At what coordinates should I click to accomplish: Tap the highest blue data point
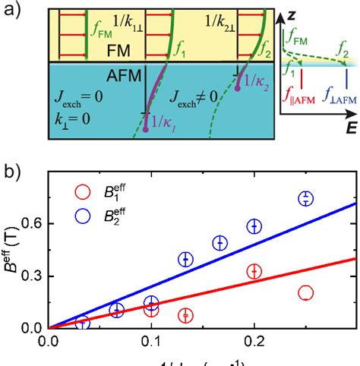(306, 198)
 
